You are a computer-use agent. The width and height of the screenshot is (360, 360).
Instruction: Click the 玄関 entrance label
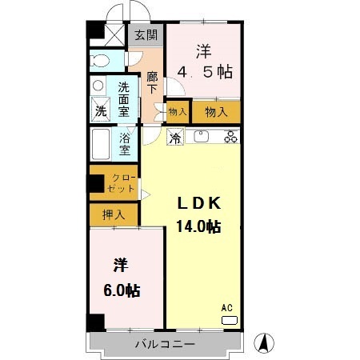(146, 35)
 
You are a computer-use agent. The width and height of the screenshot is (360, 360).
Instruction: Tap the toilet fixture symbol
(99, 61)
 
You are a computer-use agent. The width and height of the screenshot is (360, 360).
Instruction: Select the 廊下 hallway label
(152, 83)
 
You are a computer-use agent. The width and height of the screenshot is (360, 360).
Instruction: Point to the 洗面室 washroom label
(124, 99)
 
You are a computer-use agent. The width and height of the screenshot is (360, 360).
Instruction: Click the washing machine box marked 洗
(101, 110)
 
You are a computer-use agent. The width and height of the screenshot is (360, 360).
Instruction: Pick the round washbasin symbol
(98, 86)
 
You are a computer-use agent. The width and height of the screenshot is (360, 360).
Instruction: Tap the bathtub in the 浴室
(101, 144)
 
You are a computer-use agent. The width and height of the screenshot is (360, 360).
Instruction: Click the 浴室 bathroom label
(125, 144)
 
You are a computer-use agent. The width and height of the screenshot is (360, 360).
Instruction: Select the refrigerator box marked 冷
(175, 137)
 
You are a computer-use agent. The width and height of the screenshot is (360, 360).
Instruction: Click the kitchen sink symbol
(202, 137)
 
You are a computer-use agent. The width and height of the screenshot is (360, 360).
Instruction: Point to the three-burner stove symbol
(231, 137)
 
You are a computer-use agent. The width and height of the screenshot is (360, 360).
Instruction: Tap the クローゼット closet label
(121, 183)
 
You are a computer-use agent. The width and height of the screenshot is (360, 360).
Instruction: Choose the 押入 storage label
(114, 214)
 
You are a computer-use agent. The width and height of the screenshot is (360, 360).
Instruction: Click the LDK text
(199, 204)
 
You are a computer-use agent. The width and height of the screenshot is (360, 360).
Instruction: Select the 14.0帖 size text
(198, 227)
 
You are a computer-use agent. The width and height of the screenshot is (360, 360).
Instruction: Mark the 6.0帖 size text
(122, 290)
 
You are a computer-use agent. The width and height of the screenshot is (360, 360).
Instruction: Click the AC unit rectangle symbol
(230, 320)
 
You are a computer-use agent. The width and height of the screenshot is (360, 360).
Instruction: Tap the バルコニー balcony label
(165, 344)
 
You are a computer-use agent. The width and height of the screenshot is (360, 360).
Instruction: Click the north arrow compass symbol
(264, 343)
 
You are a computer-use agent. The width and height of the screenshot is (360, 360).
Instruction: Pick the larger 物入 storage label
(216, 112)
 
